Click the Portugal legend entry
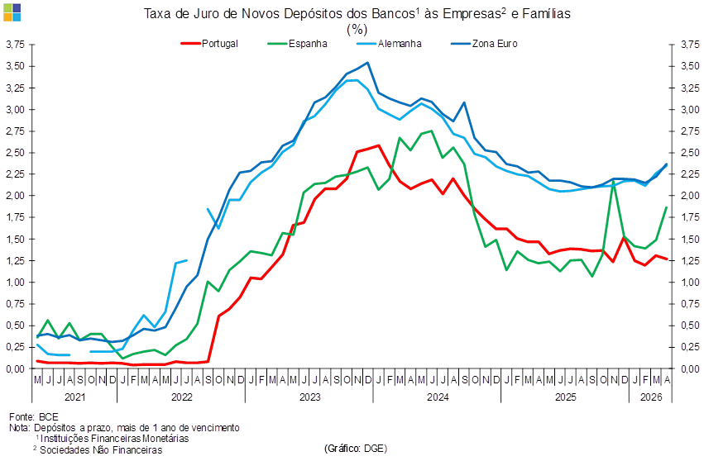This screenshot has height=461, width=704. [x=209, y=44]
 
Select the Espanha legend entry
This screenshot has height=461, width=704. [x=297, y=44]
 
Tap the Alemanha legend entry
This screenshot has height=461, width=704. [x=389, y=44]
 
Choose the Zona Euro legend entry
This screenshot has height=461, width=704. [x=484, y=44]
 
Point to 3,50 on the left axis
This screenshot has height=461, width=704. [x=15, y=66]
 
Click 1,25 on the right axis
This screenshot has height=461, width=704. [x=690, y=260]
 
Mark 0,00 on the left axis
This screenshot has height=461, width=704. [x=15, y=368]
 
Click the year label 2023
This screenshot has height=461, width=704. [x=309, y=397]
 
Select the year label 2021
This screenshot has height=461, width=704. [x=74, y=397]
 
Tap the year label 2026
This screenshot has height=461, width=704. [x=651, y=397]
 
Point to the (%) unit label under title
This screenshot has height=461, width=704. [x=357, y=30]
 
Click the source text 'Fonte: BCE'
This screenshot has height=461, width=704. [x=34, y=417]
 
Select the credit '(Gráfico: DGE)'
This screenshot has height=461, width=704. [x=355, y=448]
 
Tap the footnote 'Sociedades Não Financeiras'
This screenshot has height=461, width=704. [x=101, y=449]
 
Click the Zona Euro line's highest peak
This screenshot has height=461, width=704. [x=367, y=63]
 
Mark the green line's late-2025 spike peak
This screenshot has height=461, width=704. [x=613, y=182]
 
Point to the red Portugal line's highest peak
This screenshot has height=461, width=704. [x=379, y=145]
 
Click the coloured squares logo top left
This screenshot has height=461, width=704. [x=12, y=12]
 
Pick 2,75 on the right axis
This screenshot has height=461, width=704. [x=690, y=131]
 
